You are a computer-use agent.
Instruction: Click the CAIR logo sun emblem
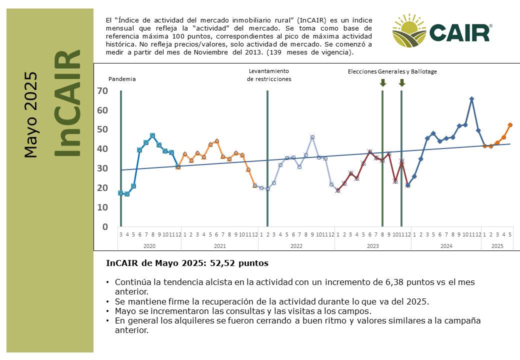coord(409,30)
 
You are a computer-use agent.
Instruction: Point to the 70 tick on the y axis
coord(102,91)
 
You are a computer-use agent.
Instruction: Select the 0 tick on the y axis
coord(105,226)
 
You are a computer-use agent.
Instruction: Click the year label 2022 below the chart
coord(296,246)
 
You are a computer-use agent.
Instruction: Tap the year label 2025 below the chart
coord(497,246)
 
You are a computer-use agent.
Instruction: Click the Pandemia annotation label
coord(122,79)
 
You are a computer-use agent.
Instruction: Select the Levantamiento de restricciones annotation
coord(269,75)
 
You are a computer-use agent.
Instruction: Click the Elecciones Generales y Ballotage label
coord(392,71)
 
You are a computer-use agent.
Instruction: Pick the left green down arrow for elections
coord(382,82)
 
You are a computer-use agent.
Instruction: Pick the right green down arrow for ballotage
coord(402,82)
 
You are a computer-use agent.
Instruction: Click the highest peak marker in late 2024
coord(471,99)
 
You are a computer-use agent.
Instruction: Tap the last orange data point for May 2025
coord(510,125)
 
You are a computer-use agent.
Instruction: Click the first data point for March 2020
coord(120,193)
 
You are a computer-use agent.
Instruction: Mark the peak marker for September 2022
coord(312,137)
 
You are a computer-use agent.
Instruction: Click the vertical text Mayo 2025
coord(30,114)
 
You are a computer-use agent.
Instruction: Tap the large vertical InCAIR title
coord(67,103)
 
